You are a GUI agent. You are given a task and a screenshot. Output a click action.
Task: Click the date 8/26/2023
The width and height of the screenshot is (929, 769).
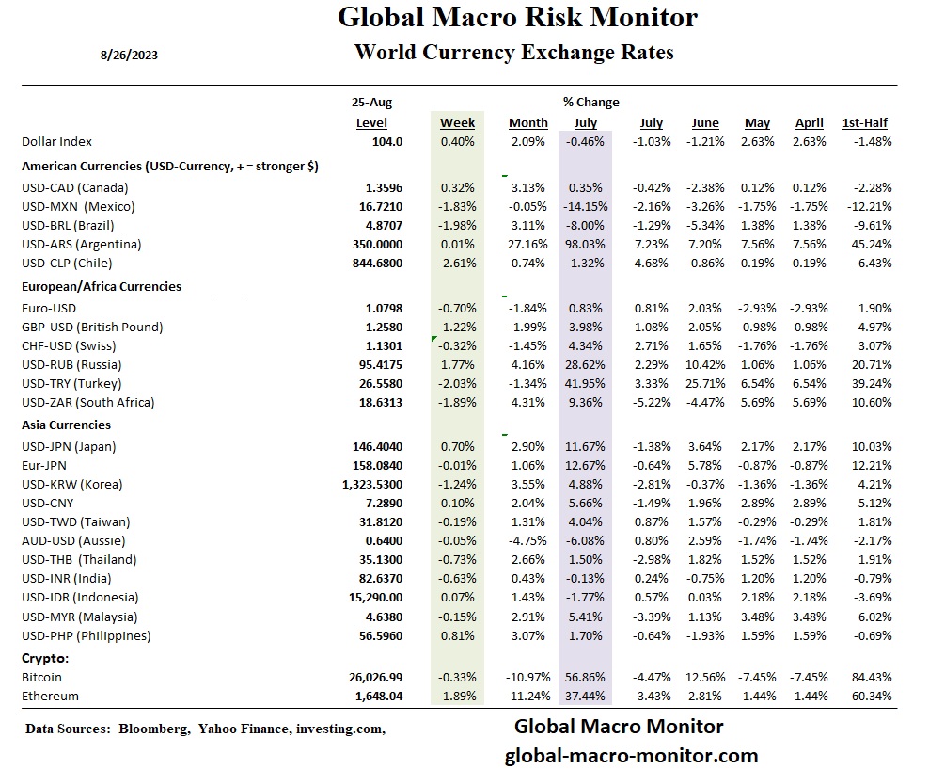[129, 55]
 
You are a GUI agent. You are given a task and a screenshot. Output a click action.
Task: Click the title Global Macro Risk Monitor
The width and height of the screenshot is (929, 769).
[517, 17]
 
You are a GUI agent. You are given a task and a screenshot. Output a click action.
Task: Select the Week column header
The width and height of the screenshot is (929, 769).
[458, 122]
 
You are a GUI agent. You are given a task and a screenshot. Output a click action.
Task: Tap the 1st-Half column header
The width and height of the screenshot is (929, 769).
[865, 122]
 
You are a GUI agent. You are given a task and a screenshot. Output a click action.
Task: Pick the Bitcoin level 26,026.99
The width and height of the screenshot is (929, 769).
[370, 677]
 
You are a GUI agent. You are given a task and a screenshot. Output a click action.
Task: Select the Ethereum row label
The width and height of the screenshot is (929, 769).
[51, 696]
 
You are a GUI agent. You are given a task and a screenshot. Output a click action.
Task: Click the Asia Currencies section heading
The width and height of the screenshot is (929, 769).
[66, 425]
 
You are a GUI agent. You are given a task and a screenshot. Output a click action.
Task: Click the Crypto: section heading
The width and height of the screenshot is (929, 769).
[44, 658]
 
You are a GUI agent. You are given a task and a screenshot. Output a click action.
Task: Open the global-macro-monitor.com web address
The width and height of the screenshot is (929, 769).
[631, 755]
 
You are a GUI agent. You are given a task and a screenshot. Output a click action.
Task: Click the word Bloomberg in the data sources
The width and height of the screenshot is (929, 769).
[153, 729]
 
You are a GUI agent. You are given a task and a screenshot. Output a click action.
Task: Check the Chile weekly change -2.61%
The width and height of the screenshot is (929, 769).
[457, 263]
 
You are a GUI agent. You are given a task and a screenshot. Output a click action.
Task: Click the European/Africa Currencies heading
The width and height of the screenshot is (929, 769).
[102, 286]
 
